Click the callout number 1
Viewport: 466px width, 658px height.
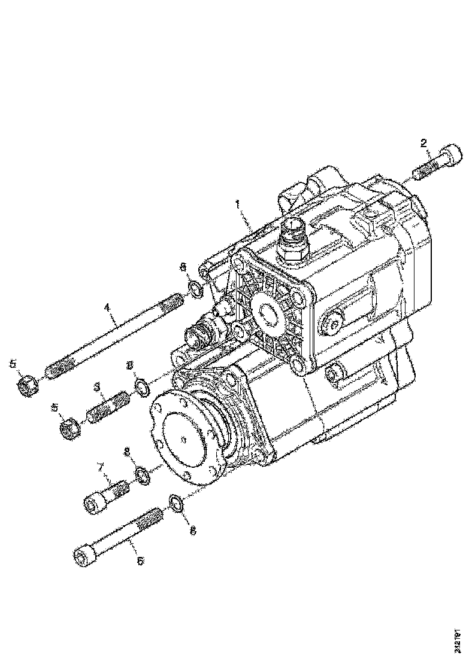[x=238, y=205]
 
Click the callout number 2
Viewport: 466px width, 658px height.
[x=423, y=143]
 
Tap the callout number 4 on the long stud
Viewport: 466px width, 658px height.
[x=107, y=307]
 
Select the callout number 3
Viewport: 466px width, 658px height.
[x=96, y=388]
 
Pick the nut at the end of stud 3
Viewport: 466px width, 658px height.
[x=71, y=428]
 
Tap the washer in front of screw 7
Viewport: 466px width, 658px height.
[x=143, y=476]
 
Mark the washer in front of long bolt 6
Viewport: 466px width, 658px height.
[x=174, y=502]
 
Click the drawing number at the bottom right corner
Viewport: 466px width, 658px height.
[x=458, y=638]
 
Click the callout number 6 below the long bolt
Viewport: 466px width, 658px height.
[x=140, y=560]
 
